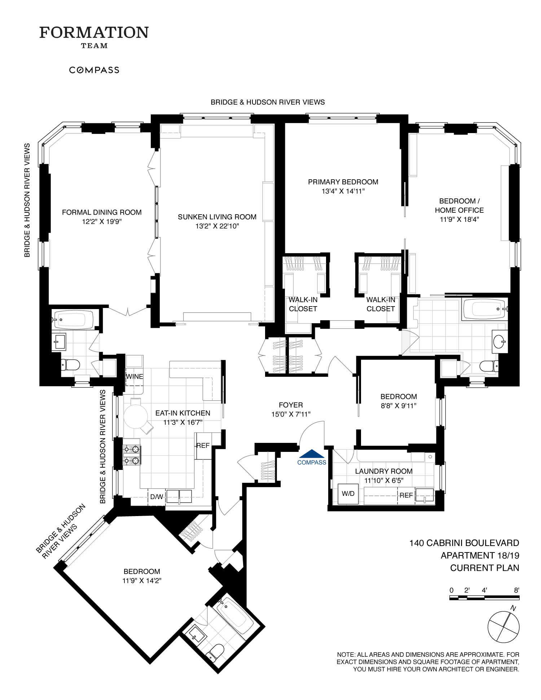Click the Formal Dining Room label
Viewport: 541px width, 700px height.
pyautogui.click(x=102, y=212)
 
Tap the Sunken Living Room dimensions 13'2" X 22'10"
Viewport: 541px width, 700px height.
pyautogui.click(x=217, y=226)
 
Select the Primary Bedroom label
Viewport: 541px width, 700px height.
pyautogui.click(x=343, y=182)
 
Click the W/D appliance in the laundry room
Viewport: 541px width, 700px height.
pyautogui.click(x=348, y=494)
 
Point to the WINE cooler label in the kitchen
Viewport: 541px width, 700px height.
pyautogui.click(x=134, y=377)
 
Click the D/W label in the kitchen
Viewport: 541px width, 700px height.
pyautogui.click(x=156, y=497)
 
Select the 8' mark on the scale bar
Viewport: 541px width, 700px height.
pyautogui.click(x=516, y=590)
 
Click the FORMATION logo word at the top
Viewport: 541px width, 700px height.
pyautogui.click(x=94, y=32)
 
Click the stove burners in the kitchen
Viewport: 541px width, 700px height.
pyautogui.click(x=132, y=455)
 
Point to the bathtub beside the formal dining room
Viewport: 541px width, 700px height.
pyautogui.click(x=73, y=319)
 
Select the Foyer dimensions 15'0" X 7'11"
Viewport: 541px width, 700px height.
pyautogui.click(x=291, y=414)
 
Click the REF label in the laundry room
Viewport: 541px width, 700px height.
pyautogui.click(x=406, y=495)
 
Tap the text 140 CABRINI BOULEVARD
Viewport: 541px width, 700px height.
pyautogui.click(x=464, y=543)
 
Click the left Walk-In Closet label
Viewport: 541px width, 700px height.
pyautogui.click(x=303, y=304)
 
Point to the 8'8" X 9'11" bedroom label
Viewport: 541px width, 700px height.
pyautogui.click(x=399, y=405)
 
